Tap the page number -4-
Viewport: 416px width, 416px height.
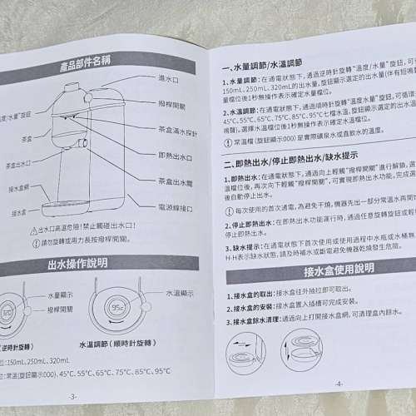tap(339, 382)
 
